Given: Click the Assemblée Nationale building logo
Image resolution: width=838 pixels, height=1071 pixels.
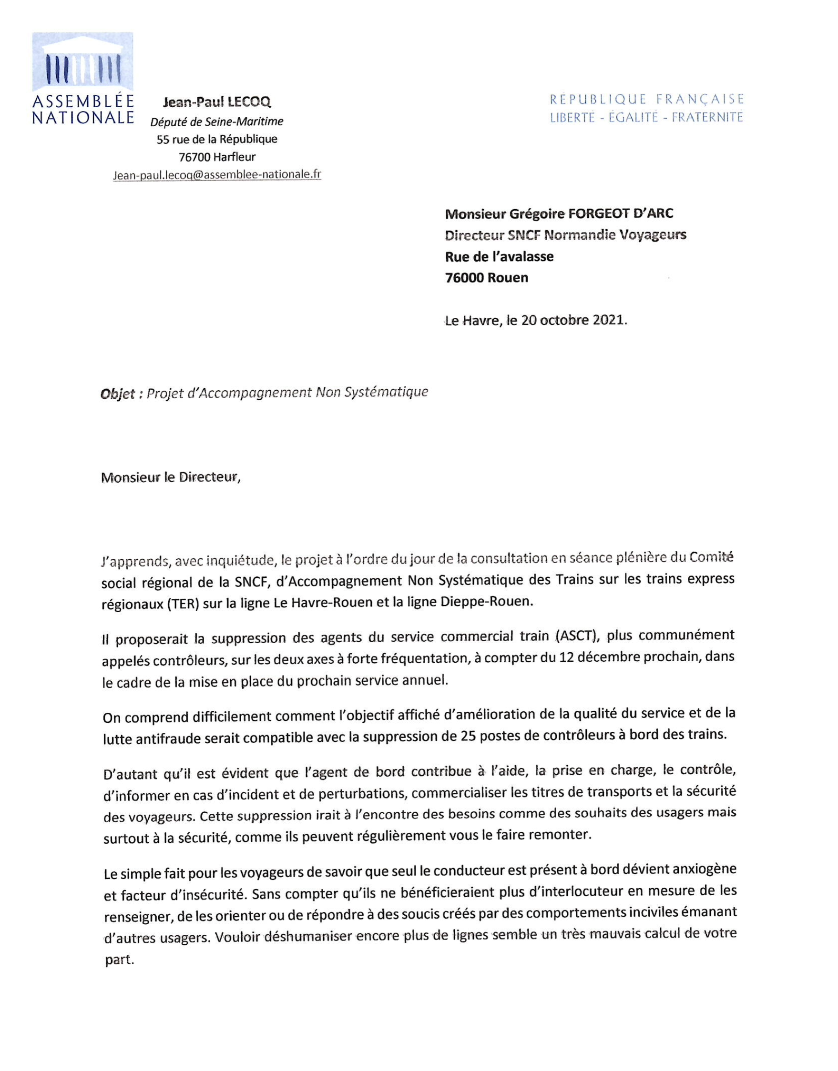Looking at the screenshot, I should pyautogui.click(x=82, y=62).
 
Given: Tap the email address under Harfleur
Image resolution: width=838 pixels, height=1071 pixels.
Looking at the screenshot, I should pyautogui.click(x=217, y=175).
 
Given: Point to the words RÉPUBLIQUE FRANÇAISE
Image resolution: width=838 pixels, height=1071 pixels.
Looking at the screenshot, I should pyautogui.click(x=647, y=100).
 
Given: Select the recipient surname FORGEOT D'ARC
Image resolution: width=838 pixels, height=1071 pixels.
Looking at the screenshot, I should pyautogui.click(x=621, y=213).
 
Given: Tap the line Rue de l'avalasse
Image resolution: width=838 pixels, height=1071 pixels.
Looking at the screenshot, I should pyautogui.click(x=499, y=256).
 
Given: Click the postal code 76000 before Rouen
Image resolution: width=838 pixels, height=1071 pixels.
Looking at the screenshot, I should pyautogui.click(x=464, y=278).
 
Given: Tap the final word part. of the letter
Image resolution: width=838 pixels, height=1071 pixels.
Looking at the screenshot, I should pyautogui.click(x=119, y=960).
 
